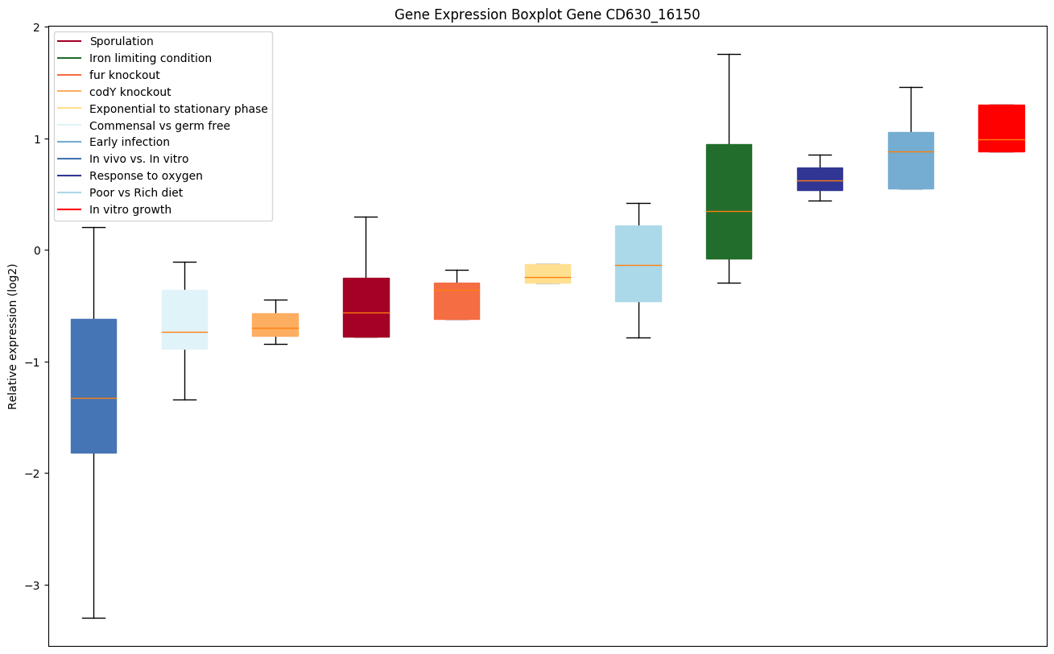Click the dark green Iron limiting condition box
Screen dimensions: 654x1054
729,201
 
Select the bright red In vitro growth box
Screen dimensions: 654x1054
1001,128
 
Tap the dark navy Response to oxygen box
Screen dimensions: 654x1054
820,179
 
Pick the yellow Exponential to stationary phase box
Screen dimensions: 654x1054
548,273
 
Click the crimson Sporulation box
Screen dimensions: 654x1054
366,307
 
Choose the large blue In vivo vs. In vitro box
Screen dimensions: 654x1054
93,386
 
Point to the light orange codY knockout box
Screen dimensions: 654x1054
275,325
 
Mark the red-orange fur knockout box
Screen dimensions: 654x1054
457,300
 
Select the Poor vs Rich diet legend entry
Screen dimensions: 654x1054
136,192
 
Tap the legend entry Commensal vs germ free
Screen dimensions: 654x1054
159,126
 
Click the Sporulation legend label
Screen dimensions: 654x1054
121,41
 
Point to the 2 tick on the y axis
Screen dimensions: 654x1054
37,27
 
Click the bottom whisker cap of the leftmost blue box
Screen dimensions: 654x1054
93,618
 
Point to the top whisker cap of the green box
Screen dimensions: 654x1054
729,54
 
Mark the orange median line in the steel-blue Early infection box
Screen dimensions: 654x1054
911,151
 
